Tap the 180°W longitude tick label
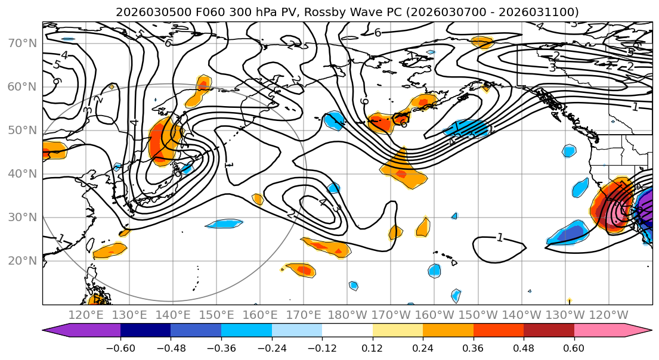347,315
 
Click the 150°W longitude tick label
478,315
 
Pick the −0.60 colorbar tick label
120,347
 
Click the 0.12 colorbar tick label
372,347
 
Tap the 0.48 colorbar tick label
524,347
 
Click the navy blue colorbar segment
146,330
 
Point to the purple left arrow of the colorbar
57,330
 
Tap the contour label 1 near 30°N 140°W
500,238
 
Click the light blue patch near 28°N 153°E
225,224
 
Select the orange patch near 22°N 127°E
110,250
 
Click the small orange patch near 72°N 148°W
482,42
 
